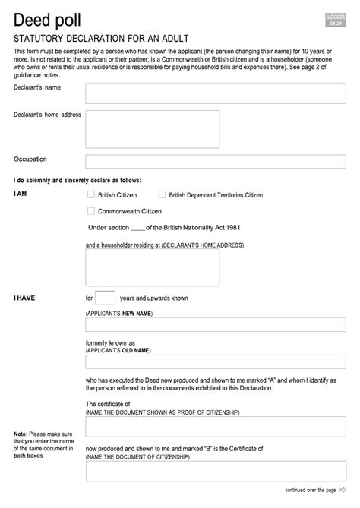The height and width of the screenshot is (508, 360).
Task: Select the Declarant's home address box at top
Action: [152, 129]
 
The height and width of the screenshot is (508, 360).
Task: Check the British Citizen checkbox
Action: [91, 195]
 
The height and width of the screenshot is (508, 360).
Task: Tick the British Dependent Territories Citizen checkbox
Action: [162, 195]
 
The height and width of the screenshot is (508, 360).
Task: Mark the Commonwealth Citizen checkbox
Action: [91, 211]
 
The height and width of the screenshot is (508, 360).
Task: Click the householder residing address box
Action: [152, 267]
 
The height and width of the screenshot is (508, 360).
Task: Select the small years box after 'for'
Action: [106, 298]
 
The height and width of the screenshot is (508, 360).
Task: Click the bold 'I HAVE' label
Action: [24, 298]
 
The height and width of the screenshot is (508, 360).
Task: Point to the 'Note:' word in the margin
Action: [21, 434]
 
